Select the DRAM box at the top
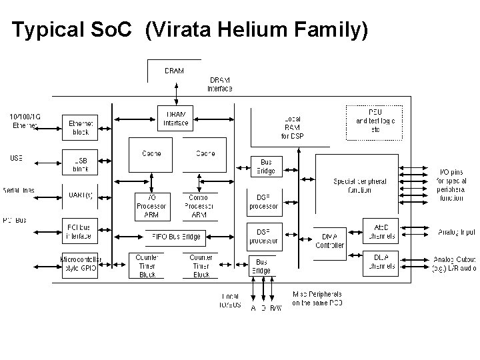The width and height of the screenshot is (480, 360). click(174, 71)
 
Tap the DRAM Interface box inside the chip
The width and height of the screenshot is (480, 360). click(176, 117)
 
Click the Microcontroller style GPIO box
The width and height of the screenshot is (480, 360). click(81, 263)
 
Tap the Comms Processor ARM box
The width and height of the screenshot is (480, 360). click(199, 206)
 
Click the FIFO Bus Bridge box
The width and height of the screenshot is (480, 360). click(175, 236)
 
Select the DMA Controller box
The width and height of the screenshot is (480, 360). click(333, 241)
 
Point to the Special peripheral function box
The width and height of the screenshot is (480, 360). click(359, 185)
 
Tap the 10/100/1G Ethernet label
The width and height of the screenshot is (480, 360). click(25, 120)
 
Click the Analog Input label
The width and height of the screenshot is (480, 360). click(457, 232)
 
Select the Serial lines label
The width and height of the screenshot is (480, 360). click(19, 191)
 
